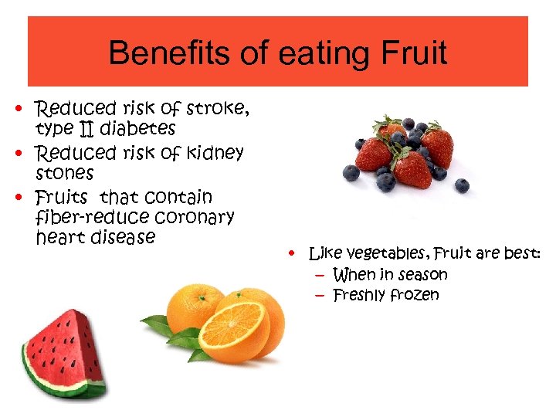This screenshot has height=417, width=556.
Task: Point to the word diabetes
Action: tap(139, 127)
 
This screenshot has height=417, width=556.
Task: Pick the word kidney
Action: tap(214, 154)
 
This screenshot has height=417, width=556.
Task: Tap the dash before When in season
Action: tap(320, 274)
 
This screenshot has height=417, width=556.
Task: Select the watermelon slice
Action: tap(66, 351)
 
